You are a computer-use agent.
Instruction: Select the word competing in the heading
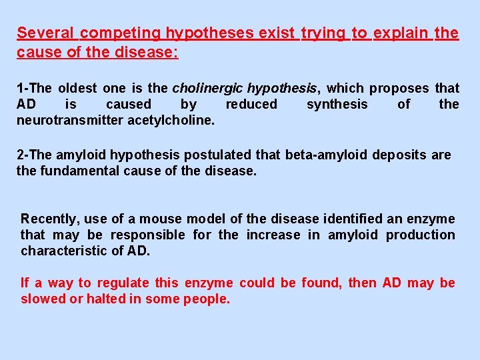(121, 33)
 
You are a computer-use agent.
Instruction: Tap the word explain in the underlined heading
(401, 33)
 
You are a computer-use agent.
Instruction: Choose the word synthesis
(337, 104)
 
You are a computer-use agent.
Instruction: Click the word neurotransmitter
(69, 120)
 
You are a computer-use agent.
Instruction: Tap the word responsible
(147, 235)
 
